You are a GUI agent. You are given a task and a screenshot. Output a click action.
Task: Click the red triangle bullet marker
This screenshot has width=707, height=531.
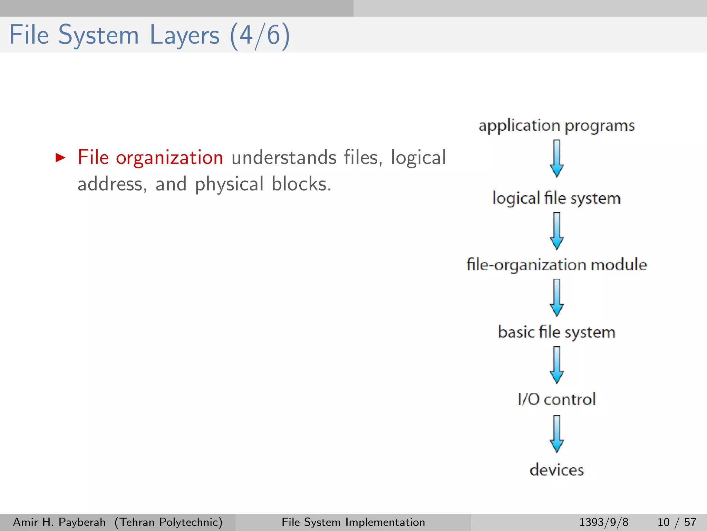pyautogui.click(x=60, y=158)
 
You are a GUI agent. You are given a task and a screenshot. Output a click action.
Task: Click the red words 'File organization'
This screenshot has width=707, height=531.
pyautogui.click(x=150, y=158)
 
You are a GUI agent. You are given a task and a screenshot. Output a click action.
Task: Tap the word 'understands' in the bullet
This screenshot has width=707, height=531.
pyautogui.click(x=283, y=158)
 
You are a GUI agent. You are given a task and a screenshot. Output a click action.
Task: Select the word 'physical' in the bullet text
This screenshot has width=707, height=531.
pyautogui.click(x=229, y=184)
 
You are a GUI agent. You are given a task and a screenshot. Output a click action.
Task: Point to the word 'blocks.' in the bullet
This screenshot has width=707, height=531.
pyautogui.click(x=301, y=184)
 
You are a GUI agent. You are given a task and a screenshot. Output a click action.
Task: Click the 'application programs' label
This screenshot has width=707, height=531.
pyautogui.click(x=556, y=126)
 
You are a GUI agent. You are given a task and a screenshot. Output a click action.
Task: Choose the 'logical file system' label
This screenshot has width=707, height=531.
pyautogui.click(x=556, y=198)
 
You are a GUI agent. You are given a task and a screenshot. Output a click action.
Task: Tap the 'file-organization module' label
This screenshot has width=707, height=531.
pyautogui.click(x=556, y=265)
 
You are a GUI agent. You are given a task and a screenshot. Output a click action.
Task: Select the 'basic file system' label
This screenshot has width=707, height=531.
pyautogui.click(x=556, y=332)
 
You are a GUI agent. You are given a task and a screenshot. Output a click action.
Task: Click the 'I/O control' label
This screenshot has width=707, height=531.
pyautogui.click(x=556, y=399)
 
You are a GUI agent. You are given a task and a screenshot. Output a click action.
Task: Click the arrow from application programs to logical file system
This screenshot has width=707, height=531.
pyautogui.click(x=557, y=159)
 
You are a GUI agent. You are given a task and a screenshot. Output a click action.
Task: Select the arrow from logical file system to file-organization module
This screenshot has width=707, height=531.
pyautogui.click(x=557, y=231)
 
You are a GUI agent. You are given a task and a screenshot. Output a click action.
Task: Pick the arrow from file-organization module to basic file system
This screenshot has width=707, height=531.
pyautogui.click(x=557, y=298)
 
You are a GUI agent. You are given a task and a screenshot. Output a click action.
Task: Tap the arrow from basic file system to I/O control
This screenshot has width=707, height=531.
pyautogui.click(x=557, y=365)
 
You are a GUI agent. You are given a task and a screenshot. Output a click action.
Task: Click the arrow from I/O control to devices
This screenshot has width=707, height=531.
pyautogui.click(x=557, y=434)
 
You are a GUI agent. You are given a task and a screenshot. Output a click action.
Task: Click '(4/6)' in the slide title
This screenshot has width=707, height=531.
pyautogui.click(x=260, y=35)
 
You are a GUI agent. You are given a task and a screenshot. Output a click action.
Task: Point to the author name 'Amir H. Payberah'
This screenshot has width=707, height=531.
pyautogui.click(x=59, y=522)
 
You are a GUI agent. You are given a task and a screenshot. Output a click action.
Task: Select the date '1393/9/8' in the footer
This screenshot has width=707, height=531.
pyautogui.click(x=603, y=522)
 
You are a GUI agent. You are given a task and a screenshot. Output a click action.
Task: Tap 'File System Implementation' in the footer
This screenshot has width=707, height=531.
pyautogui.click(x=353, y=522)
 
